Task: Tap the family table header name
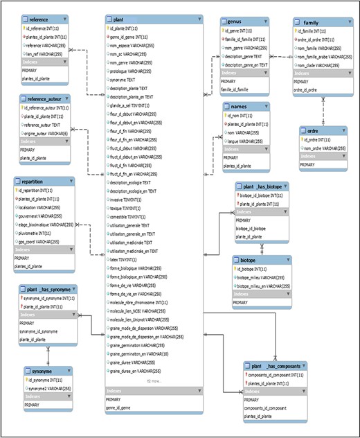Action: (x=306, y=22)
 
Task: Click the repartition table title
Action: (x=33, y=182)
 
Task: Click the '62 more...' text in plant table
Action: (x=154, y=380)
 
